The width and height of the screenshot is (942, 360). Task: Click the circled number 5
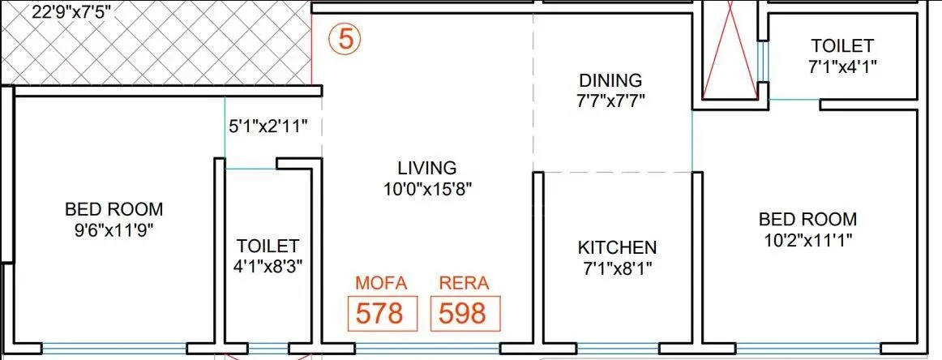345,41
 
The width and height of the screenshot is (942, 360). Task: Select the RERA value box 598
464,313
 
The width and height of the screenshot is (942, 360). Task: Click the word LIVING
427,169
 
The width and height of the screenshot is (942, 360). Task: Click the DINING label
610,81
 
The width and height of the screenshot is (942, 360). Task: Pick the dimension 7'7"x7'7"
610,101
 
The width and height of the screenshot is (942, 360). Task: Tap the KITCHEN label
617,247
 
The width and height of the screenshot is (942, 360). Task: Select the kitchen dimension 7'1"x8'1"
617,267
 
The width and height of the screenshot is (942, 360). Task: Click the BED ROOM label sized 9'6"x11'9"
113,209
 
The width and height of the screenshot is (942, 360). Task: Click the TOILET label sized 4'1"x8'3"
268,245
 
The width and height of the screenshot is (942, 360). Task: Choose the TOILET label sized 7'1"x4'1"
841,46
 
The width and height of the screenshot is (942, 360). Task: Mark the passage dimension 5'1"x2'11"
268,126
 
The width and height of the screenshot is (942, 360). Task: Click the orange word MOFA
381,283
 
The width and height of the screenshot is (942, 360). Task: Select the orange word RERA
464,283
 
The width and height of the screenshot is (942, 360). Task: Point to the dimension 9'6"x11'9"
113,229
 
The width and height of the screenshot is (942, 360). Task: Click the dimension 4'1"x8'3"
268,265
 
